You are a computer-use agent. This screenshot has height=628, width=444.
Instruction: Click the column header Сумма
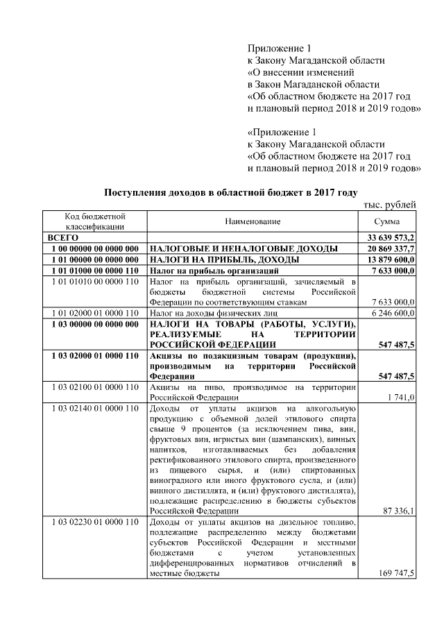click(x=386, y=221)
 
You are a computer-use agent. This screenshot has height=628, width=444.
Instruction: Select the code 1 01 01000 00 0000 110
click(x=94, y=271)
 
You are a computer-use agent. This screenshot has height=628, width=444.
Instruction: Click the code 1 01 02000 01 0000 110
click(x=94, y=314)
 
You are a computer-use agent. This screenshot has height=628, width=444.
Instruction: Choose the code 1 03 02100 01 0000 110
click(x=94, y=387)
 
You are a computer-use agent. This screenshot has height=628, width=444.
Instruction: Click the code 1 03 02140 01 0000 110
click(x=94, y=408)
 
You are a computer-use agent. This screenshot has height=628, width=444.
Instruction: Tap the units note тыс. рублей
click(x=389, y=205)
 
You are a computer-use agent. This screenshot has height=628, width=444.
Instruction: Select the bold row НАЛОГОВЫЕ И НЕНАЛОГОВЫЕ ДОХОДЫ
click(x=244, y=248)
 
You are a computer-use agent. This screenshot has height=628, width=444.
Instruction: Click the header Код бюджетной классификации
click(x=94, y=221)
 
